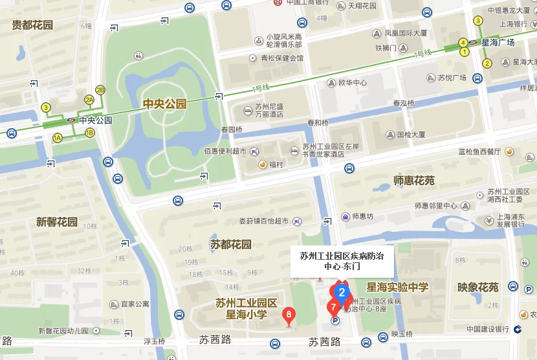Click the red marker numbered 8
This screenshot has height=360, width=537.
click(289, 315)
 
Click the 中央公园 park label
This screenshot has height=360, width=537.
click(164, 104)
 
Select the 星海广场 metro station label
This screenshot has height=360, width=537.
click(498, 42)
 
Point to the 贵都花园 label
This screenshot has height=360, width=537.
click(32, 25)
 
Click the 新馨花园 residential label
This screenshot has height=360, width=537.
click(57, 222)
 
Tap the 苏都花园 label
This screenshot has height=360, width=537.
click(231, 244)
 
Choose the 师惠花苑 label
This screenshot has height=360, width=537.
click(414, 180)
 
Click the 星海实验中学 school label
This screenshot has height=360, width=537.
click(397, 287)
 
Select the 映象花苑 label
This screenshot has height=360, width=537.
click(477, 287)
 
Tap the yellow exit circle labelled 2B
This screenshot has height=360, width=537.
click(100, 90)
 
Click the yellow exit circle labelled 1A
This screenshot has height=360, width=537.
click(58, 137)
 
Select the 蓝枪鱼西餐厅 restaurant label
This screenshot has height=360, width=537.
click(479, 152)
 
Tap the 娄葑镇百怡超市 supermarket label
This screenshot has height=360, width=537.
click(263, 221)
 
